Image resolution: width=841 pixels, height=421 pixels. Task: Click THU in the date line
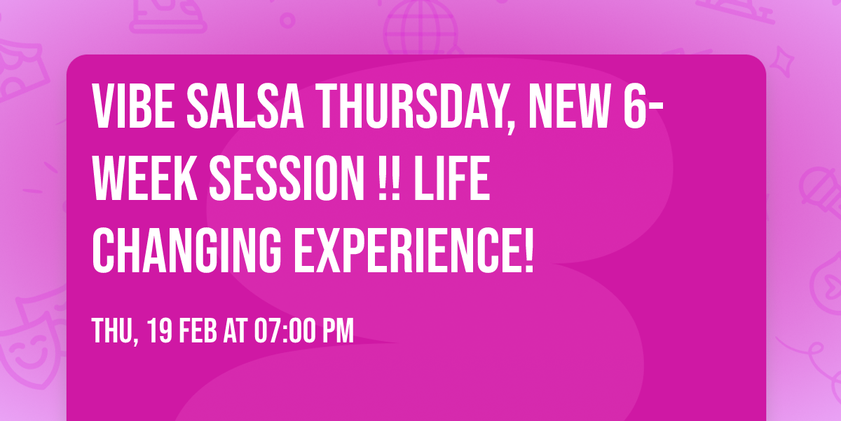coord(113,331)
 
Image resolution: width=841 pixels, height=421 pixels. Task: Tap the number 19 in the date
coord(160,331)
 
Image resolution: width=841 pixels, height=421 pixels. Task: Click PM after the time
coord(339,331)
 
